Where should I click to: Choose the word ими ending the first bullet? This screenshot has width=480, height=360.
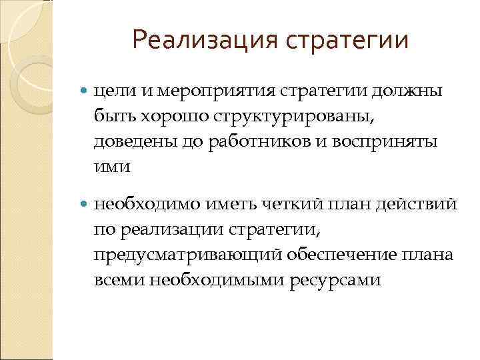109,168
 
